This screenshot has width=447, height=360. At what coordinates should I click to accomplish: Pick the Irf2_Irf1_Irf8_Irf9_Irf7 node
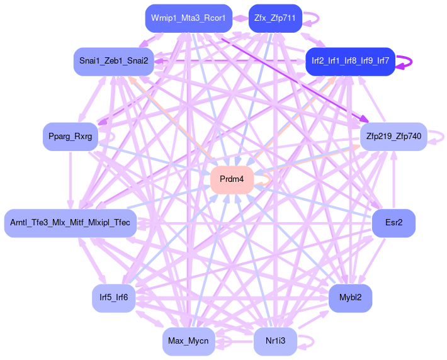(x=349, y=61)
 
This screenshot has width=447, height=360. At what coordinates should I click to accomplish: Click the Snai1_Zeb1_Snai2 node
(x=114, y=61)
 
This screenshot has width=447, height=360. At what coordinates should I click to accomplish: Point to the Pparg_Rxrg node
(x=70, y=137)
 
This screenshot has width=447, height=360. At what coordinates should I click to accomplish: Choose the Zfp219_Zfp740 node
(x=393, y=136)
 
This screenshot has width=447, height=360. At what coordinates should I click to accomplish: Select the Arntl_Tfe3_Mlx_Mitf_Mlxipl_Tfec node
(x=71, y=223)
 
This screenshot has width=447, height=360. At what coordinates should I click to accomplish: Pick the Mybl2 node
(x=350, y=297)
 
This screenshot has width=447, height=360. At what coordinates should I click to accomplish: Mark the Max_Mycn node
(x=188, y=341)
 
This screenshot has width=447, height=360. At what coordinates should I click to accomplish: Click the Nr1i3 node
(x=275, y=341)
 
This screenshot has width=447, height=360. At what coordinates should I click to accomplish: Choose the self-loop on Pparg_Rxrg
(x=111, y=135)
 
